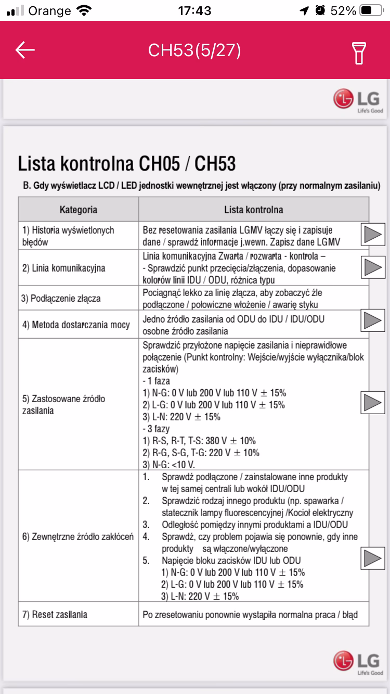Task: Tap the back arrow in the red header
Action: point(25,50)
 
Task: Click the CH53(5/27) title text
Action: point(194,50)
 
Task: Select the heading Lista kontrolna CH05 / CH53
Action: point(127,164)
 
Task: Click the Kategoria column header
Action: point(79,210)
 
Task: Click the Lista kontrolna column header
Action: point(254,210)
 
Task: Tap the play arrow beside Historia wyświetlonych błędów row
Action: point(372,235)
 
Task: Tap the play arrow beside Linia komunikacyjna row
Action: point(372,267)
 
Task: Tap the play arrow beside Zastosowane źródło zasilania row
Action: point(372,402)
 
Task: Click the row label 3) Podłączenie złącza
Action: point(61,299)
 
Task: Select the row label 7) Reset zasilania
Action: point(55,614)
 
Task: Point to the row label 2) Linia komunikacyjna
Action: point(63,268)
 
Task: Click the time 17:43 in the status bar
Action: point(194,10)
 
